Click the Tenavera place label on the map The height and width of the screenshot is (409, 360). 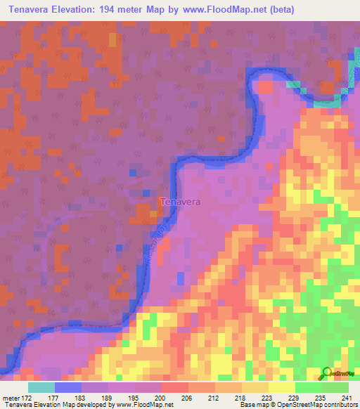click(x=181, y=202)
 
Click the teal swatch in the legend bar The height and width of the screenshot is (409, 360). click(x=41, y=387)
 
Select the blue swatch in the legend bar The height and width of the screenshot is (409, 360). click(x=68, y=387)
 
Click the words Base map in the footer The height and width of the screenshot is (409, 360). click(x=252, y=405)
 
